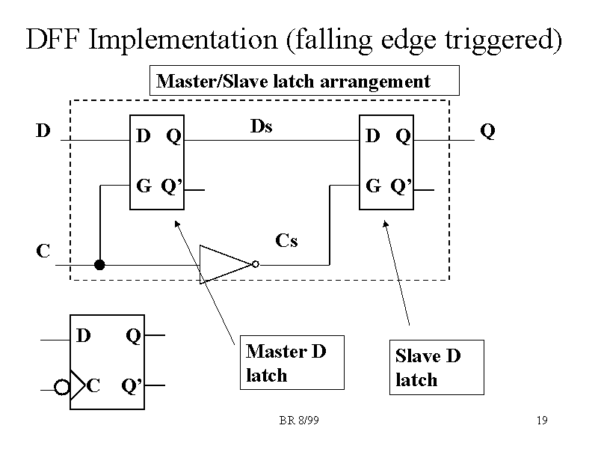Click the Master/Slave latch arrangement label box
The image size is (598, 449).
coord(305,82)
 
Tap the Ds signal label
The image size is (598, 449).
coord(261,126)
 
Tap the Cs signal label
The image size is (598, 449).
coord(286,240)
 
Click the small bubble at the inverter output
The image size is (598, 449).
coord(256,264)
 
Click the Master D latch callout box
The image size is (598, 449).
coord(292,363)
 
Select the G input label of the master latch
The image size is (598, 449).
coord(143,185)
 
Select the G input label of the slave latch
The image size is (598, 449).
coord(372,185)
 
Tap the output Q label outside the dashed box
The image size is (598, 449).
coord(487,132)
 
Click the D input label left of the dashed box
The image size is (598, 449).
coord(43,131)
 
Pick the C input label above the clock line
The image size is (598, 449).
coord(43,251)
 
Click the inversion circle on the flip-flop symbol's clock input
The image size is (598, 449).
coord(62,387)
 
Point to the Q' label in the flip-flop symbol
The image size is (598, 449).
coord(132,386)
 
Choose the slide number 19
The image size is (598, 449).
coord(542,421)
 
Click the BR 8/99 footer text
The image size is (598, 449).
coord(299,421)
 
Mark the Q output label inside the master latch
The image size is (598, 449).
coord(173,136)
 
